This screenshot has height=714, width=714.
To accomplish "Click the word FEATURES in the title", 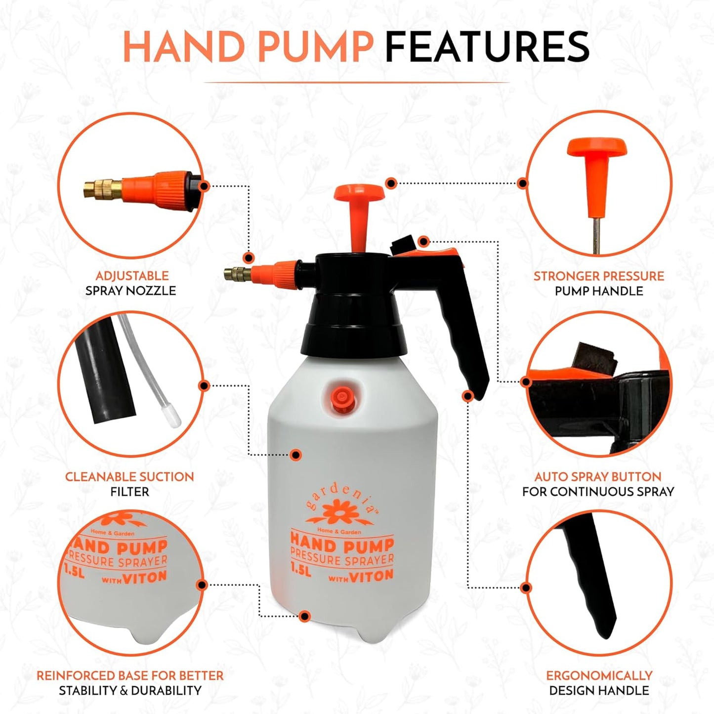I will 487,47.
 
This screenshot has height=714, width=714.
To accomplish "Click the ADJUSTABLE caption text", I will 132,276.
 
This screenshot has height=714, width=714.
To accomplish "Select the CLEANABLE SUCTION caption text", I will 129,477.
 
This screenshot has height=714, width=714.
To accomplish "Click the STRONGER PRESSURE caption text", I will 598,276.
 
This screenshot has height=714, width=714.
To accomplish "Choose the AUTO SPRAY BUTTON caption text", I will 598,477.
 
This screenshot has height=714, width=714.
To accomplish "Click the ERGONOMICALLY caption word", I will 599,675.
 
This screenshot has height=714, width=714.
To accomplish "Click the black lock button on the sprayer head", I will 400,245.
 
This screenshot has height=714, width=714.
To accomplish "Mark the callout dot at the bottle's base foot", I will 305,616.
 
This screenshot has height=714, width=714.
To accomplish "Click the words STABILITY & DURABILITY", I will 130,690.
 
